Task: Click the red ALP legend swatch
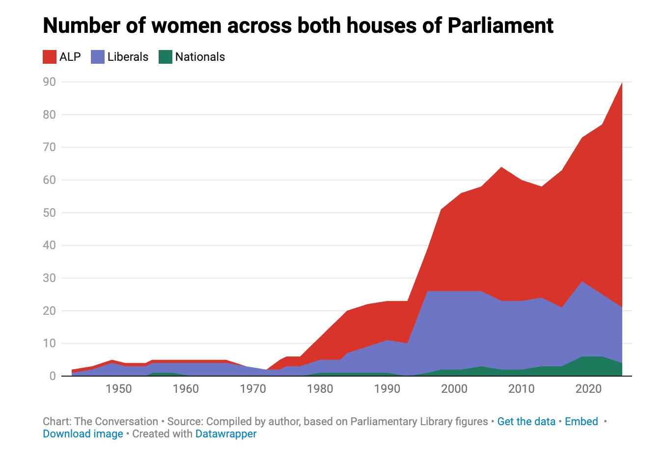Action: [x=50, y=57]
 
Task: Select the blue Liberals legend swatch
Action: [x=98, y=57]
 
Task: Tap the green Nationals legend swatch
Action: [x=166, y=57]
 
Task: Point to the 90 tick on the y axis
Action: [x=50, y=81]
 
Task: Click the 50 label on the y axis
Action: [x=50, y=212]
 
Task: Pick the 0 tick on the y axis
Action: [x=52, y=376]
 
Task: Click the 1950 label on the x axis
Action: [x=119, y=389]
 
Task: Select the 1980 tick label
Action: [x=320, y=389]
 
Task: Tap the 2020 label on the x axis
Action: [x=588, y=389]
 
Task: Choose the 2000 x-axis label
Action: [x=454, y=389]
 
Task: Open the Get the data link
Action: [x=526, y=421]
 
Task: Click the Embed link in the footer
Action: [x=581, y=421]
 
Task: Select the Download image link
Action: [x=83, y=433]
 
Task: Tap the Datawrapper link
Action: [x=226, y=433]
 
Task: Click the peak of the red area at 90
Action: [x=622, y=83]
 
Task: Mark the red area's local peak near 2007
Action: [x=501, y=168]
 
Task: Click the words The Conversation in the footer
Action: [x=116, y=421]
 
